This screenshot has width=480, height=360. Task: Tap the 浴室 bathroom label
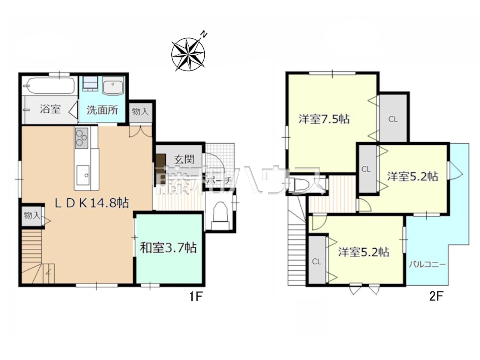click(x=50, y=109)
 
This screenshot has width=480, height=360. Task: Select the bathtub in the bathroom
click(x=50, y=86)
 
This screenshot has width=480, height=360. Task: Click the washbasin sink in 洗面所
click(x=113, y=86)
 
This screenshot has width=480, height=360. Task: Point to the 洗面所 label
click(x=102, y=110)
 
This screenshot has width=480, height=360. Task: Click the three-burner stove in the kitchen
click(x=81, y=138)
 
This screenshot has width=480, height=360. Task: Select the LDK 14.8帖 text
click(x=91, y=202)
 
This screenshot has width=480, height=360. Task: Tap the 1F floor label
click(x=195, y=297)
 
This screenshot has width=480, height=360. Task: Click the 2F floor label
click(x=436, y=297)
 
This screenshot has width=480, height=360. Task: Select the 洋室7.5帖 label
click(x=324, y=119)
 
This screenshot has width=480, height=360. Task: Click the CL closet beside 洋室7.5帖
click(x=393, y=119)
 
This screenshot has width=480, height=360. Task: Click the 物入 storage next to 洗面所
click(x=140, y=112)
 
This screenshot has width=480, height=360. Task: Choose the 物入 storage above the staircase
click(x=32, y=216)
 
